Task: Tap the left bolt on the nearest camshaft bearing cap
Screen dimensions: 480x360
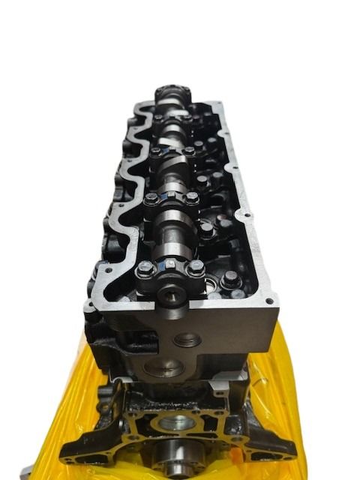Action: (x=146, y=268)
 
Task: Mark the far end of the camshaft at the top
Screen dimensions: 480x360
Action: (x=169, y=96)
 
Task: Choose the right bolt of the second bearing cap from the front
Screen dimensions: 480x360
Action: (x=192, y=198)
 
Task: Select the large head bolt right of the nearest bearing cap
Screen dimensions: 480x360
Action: (x=231, y=280)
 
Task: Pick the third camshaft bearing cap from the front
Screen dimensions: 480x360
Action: (x=171, y=152)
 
